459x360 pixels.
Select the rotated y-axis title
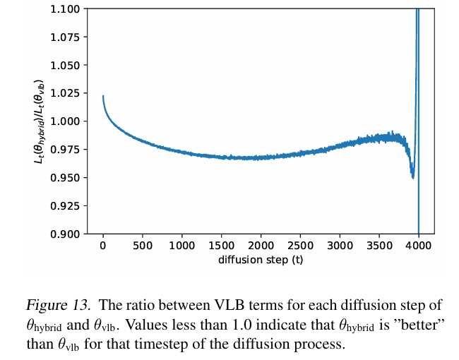tap(38, 121)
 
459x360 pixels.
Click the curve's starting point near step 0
tap(103, 96)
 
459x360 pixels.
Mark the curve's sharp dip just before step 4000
tap(413, 177)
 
